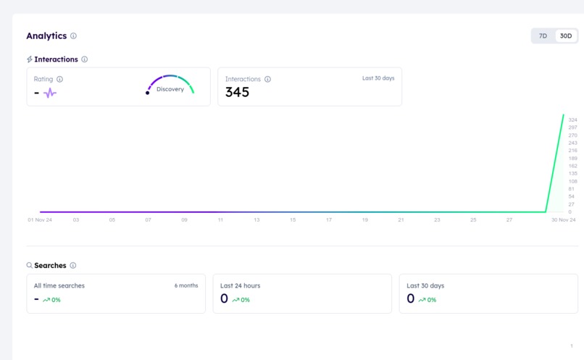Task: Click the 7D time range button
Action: coord(543,35)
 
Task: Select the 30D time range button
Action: coord(566,35)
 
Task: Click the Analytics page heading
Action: coord(46,35)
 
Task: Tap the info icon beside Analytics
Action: coord(73,36)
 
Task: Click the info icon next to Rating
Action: coord(59,79)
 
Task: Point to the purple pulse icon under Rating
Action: coord(50,93)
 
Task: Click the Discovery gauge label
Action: coord(170,89)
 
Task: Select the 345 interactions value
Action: coord(237,92)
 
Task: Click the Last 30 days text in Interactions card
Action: coord(378,78)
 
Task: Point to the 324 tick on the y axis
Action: coord(572,120)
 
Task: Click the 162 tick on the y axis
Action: coord(572,166)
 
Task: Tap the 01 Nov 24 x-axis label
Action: coord(40,219)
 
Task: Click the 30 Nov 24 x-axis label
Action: coord(562,219)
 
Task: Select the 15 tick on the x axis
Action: coord(293,219)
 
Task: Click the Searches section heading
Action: coord(50,266)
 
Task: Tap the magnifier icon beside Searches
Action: coord(30,266)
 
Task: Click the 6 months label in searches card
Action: coord(186,285)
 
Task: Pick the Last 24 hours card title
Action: coord(240,285)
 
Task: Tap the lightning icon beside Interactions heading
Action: coord(30,59)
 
